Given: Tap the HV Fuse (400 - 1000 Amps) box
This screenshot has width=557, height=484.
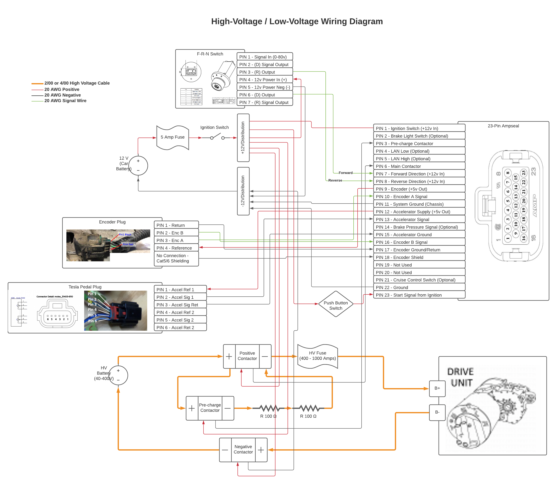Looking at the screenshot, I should coord(317,356).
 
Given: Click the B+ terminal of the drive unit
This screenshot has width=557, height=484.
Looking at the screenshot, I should coord(437,388).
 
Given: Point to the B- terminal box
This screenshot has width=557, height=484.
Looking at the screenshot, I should coord(437,412).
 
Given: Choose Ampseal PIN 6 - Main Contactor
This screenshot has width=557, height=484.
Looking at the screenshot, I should coord(419,166).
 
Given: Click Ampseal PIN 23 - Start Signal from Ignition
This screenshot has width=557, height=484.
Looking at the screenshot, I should coord(419,295).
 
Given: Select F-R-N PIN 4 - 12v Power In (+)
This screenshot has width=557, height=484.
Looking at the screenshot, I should coord(265,80).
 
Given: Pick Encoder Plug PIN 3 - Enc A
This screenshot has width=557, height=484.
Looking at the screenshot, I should coord(176,240).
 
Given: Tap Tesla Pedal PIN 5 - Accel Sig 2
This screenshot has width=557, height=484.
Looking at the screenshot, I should coord(180,320).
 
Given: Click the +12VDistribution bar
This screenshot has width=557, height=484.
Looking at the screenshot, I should coord(243,138).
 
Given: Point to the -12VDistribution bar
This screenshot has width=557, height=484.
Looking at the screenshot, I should coord(243,191).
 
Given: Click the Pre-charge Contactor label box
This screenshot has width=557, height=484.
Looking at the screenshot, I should coord(210,408).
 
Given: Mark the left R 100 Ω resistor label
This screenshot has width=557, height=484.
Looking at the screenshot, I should coord(268,416).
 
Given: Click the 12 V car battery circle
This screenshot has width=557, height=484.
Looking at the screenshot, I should coord(138,166).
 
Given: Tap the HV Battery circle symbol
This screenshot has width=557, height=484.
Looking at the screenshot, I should coord(118,375).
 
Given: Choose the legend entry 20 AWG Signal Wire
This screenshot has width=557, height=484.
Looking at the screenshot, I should coord(65,101).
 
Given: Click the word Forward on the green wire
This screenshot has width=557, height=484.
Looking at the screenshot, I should coord(345,173).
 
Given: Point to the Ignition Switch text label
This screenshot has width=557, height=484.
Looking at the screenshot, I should coord(214,128).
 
